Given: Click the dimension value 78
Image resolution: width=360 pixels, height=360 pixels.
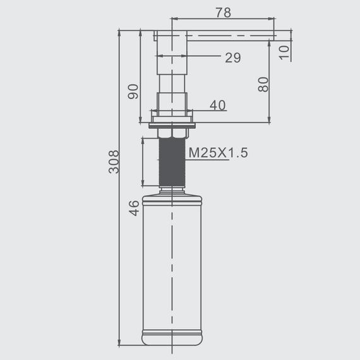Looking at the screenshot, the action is (x=223, y=13).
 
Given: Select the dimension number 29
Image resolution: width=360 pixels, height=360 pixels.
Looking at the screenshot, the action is (x=233, y=57).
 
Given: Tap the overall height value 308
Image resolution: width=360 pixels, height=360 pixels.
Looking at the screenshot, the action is (x=114, y=162).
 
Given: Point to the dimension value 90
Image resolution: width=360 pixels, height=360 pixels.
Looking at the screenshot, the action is (x=133, y=92).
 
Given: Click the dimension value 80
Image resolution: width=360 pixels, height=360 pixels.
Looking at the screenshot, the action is (x=263, y=85).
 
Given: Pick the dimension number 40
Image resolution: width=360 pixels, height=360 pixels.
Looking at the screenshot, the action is (x=218, y=105).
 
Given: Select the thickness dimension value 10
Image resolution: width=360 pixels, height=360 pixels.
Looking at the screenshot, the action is (x=284, y=52).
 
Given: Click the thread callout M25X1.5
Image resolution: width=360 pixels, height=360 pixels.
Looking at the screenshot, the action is (x=218, y=153).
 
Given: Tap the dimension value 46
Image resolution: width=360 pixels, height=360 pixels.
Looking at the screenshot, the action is (x=134, y=208).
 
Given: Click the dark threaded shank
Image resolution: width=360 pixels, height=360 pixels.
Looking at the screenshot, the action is (x=172, y=162).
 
